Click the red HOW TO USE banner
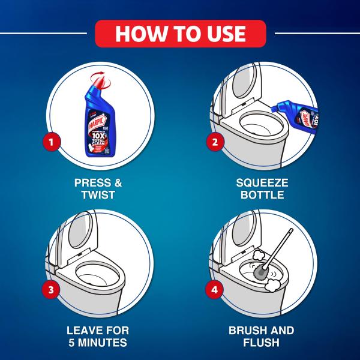tap(180, 32)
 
